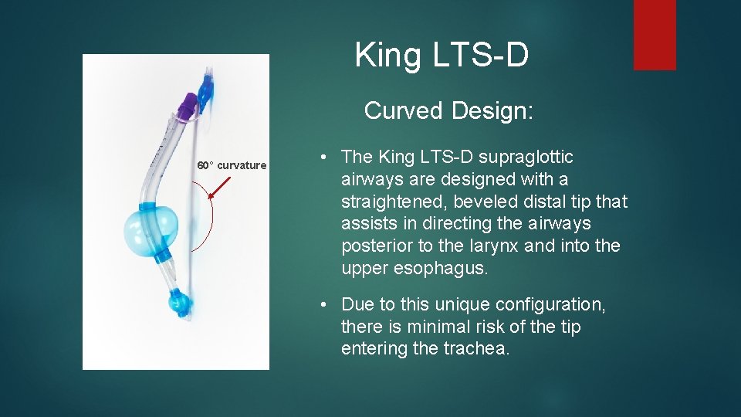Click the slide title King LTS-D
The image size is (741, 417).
tap(442, 56)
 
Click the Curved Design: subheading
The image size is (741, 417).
tap(448, 110)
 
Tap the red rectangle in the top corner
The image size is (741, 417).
tap(655, 35)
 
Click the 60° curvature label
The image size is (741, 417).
tap(232, 165)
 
